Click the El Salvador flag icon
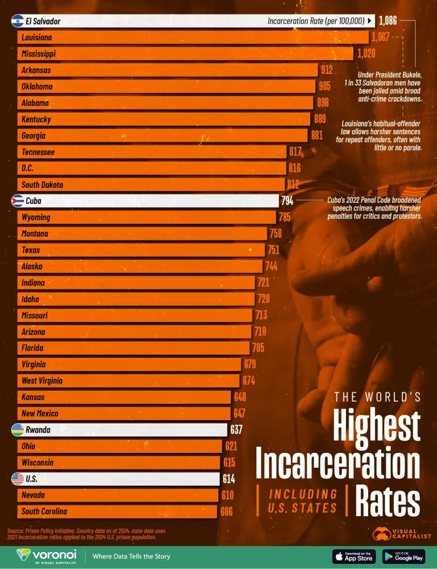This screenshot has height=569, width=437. [17, 21]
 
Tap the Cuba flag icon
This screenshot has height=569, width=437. [17, 201]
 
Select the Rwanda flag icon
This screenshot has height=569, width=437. [17, 430]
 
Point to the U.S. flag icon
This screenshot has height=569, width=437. [17, 478]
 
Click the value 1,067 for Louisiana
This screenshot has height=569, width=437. [381, 37]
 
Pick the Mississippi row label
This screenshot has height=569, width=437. [38, 54]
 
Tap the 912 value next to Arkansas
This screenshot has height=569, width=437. [326, 70]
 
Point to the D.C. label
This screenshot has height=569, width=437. [28, 168]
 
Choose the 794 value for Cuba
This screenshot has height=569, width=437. [287, 201]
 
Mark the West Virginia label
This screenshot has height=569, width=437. [42, 381]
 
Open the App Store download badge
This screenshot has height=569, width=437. [354, 556]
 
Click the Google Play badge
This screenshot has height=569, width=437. [404, 556]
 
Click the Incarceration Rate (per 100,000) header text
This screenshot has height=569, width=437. [316, 21]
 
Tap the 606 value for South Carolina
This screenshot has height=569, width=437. [226, 511]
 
